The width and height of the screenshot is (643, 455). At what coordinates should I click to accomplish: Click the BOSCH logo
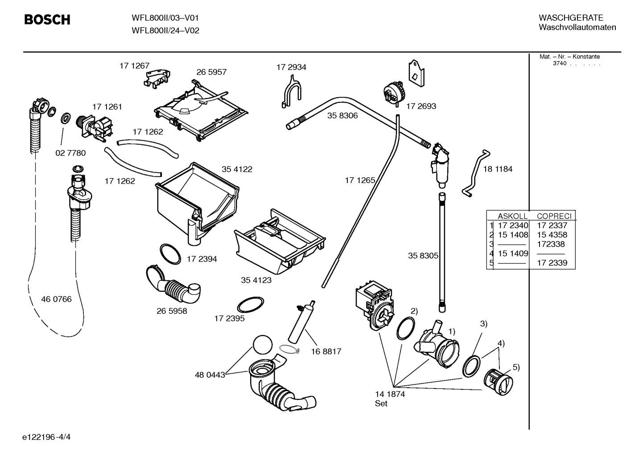point(47,20)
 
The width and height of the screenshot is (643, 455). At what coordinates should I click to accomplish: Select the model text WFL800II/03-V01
point(165,18)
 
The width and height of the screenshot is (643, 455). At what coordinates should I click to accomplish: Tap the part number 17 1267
point(134,66)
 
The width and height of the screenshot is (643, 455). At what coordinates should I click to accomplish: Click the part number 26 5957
point(211,72)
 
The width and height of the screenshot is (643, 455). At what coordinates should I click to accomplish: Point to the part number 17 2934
point(291,67)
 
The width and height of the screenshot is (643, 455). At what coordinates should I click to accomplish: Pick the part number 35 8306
point(342,116)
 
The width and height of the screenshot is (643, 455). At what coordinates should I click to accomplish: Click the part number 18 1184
point(498,169)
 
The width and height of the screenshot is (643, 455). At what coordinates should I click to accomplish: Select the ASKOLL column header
point(512,216)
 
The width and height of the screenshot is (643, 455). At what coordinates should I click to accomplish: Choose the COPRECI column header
point(553,216)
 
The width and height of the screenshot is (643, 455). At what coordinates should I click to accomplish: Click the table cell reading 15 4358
point(552,235)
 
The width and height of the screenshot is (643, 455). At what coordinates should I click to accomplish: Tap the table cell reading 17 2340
point(513,225)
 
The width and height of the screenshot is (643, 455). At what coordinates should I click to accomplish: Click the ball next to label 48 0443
point(262,346)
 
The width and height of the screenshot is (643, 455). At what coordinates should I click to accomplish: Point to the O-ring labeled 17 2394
point(170,254)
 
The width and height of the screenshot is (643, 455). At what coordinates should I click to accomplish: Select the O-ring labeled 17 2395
point(250,306)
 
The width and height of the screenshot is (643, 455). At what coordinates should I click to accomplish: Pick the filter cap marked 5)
point(499,382)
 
